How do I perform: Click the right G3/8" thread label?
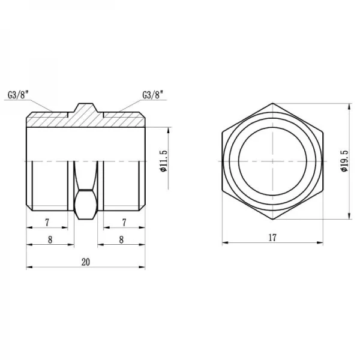coord(152,94)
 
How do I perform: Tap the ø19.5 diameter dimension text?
coord(343,161)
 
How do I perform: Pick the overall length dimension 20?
coord(84,262)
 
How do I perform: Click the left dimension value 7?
coord(47,223)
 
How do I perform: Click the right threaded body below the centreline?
coord(122,186)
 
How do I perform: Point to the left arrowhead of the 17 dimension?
coord(224,244)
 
